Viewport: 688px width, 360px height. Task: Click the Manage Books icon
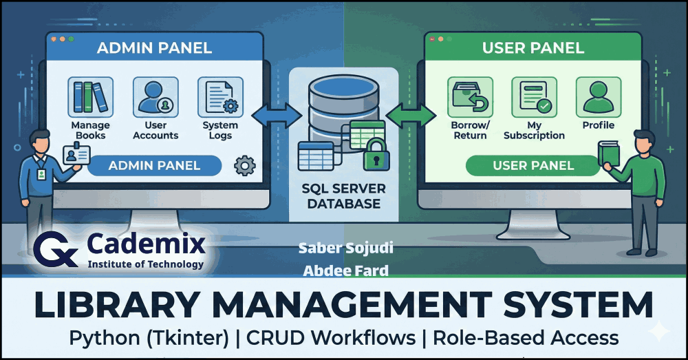(x=91, y=96)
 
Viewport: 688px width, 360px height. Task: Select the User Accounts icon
(x=155, y=96)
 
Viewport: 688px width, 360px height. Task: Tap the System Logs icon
(x=220, y=96)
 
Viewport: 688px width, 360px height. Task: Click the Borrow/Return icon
(x=469, y=97)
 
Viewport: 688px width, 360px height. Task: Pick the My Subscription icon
(x=534, y=97)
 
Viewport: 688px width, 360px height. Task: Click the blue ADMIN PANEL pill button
(x=154, y=166)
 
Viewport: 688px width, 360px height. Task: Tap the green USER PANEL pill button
(x=533, y=166)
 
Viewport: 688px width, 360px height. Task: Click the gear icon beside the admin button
(x=245, y=166)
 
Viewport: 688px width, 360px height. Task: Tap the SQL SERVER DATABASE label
(x=343, y=196)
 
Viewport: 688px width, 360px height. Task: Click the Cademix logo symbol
(x=56, y=248)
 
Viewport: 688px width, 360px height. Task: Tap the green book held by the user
(x=608, y=154)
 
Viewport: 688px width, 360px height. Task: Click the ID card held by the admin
(x=76, y=156)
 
